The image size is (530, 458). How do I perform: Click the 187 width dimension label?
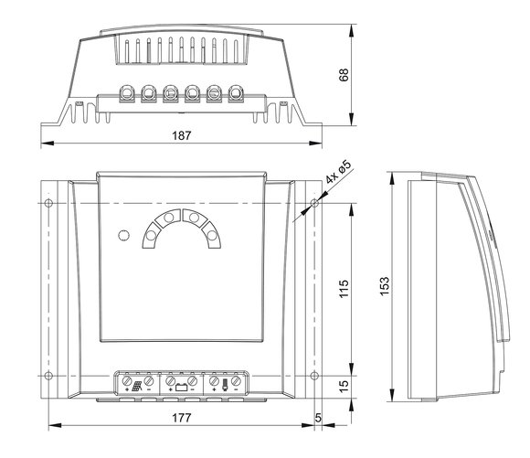(182, 135)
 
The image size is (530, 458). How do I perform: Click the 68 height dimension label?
(344, 75)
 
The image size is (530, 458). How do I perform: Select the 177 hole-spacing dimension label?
(182, 418)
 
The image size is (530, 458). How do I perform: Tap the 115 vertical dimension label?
(344, 289)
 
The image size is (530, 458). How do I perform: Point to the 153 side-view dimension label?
(385, 286)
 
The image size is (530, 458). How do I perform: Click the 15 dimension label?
(344, 387)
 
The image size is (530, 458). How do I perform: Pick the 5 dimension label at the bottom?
(318, 418)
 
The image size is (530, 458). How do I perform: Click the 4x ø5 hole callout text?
(339, 172)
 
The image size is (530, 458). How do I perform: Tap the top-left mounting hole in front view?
(48, 203)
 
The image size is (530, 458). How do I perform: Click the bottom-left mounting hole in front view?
(48, 376)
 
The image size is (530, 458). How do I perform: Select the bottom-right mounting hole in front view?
(314, 376)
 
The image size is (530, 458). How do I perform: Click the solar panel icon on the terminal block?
(137, 387)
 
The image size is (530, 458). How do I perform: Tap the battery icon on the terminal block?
(182, 387)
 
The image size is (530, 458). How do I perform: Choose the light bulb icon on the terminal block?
(225, 386)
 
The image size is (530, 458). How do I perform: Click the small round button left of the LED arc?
(124, 235)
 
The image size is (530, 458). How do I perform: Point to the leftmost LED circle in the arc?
(151, 235)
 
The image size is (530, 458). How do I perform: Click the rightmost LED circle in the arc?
(212, 235)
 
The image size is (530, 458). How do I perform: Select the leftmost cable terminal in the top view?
(127, 92)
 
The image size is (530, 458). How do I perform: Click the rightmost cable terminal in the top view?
(236, 92)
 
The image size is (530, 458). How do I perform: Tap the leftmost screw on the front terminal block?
(127, 381)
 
